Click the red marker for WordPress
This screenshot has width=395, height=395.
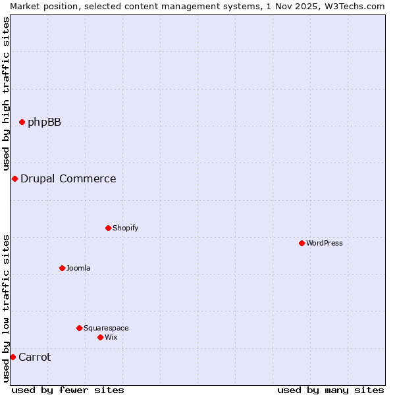302,243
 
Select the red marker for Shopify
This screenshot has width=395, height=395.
108,228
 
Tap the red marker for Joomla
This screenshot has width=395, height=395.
62,268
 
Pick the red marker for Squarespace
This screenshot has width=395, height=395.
79,328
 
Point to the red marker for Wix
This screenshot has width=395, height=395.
100,337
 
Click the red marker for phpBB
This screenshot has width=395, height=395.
22,122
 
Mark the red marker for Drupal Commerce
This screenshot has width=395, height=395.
14,178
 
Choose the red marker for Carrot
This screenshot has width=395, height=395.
13,357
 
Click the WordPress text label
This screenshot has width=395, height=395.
325,243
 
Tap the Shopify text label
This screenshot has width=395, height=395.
125,228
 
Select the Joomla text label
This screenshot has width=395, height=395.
78,268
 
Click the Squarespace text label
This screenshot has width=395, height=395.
106,328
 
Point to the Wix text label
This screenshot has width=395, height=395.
111,337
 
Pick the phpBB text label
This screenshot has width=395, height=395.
44,122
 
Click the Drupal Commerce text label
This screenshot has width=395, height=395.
68,178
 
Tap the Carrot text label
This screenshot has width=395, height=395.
34,357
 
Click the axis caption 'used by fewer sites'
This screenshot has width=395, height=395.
68,390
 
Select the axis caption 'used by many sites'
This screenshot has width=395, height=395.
330,390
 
